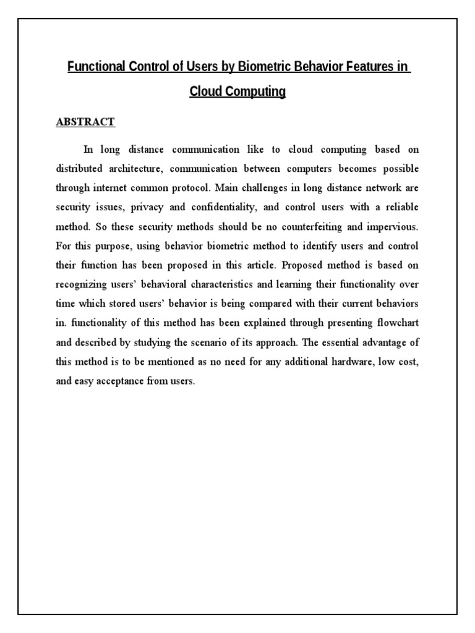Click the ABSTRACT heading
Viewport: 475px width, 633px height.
point(85,122)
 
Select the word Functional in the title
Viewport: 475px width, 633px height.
point(96,67)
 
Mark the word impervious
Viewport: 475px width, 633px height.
point(393,227)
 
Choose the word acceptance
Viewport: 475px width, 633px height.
point(116,381)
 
